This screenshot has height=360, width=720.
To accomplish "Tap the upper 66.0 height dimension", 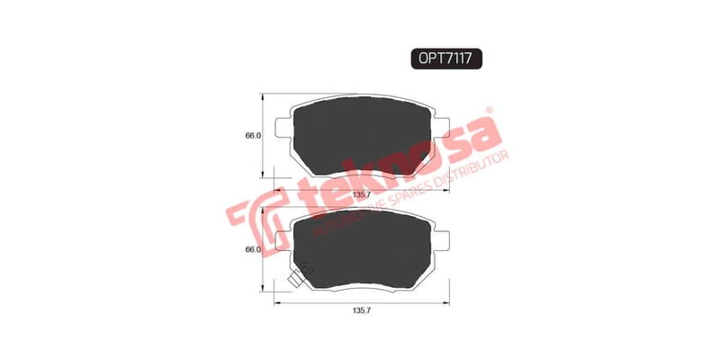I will click(x=253, y=136).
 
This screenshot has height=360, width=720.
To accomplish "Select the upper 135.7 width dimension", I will click(x=360, y=193).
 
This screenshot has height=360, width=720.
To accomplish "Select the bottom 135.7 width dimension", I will click(x=360, y=310).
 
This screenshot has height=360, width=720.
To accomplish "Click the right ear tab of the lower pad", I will click(x=438, y=236).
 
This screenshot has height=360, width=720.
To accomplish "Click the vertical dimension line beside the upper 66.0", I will click(x=263, y=136).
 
